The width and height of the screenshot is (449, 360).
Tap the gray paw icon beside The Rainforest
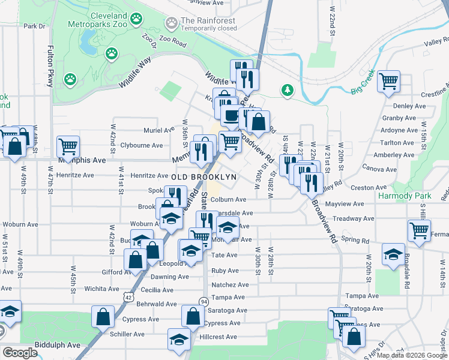(172, 23)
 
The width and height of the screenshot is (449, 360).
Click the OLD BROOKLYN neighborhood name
(204, 177)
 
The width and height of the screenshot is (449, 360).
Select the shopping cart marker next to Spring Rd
(418, 230)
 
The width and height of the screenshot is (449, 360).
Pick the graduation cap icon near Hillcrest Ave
(179, 339)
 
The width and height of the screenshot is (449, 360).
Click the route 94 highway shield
(204, 301)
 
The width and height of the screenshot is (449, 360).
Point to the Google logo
(19, 352)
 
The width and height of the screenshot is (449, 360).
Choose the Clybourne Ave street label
(142, 145)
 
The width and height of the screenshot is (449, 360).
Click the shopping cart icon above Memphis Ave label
(68, 146)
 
